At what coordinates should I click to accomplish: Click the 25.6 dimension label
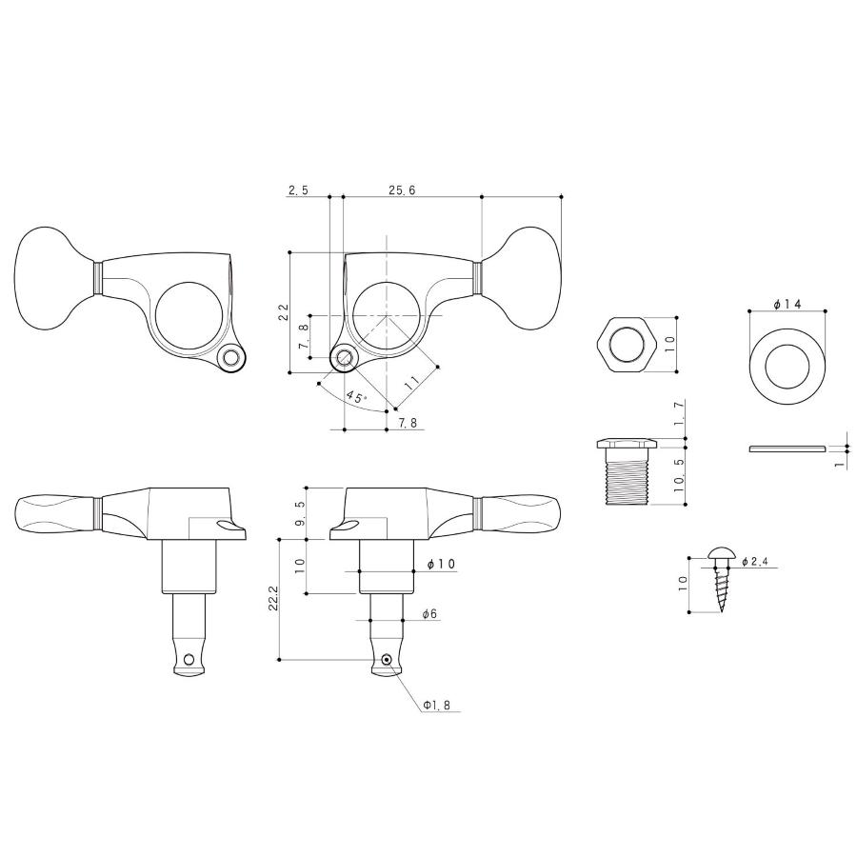click(x=402, y=190)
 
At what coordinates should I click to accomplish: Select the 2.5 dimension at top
click(x=298, y=190)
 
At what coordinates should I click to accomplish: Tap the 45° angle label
click(x=356, y=397)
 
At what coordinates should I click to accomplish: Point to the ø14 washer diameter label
click(x=787, y=305)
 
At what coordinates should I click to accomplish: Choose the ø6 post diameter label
click(x=429, y=614)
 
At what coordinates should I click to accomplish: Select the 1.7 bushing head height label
click(x=679, y=413)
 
